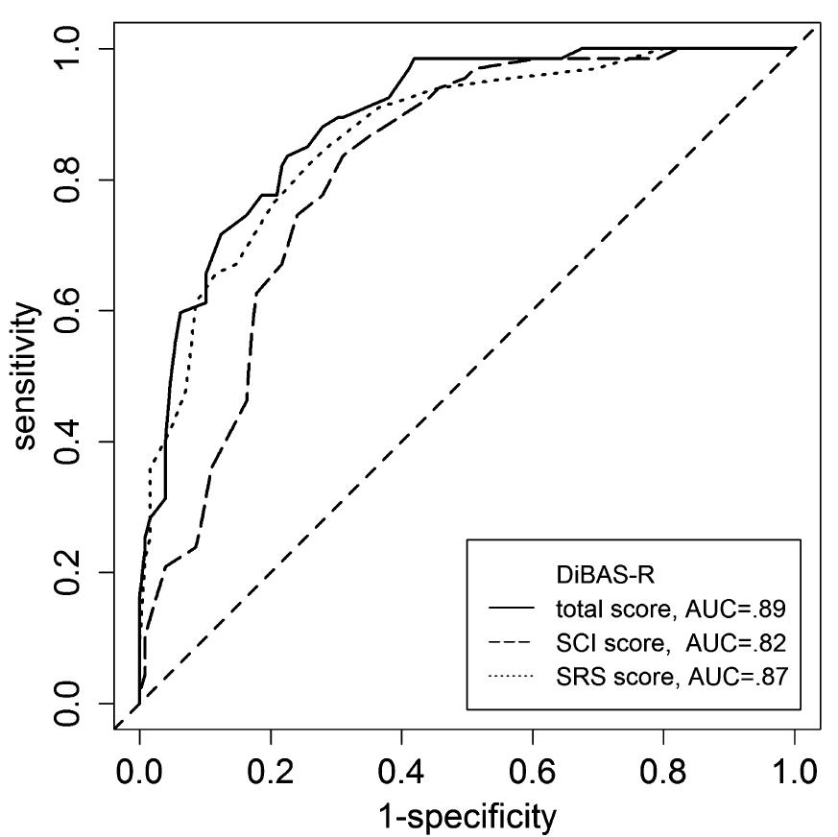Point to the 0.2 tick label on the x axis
[x=271, y=773]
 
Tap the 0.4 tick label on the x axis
[x=401, y=773]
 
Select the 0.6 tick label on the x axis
[x=533, y=773]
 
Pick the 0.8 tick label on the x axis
[x=663, y=773]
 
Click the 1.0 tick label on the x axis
[x=794, y=773]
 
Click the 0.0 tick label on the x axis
[x=139, y=773]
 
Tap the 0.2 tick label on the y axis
[x=67, y=572]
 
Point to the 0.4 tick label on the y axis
[x=67, y=442]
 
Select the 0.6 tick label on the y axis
[x=67, y=311]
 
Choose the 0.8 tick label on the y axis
[x=67, y=179]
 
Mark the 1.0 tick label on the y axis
[x=67, y=49]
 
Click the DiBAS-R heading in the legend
[x=605, y=576]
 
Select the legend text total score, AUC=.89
[x=671, y=609]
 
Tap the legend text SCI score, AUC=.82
[x=671, y=642]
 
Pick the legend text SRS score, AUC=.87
[x=672, y=676]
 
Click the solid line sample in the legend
[x=512, y=609]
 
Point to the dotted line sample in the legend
[x=512, y=676]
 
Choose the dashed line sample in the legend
[x=512, y=642]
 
